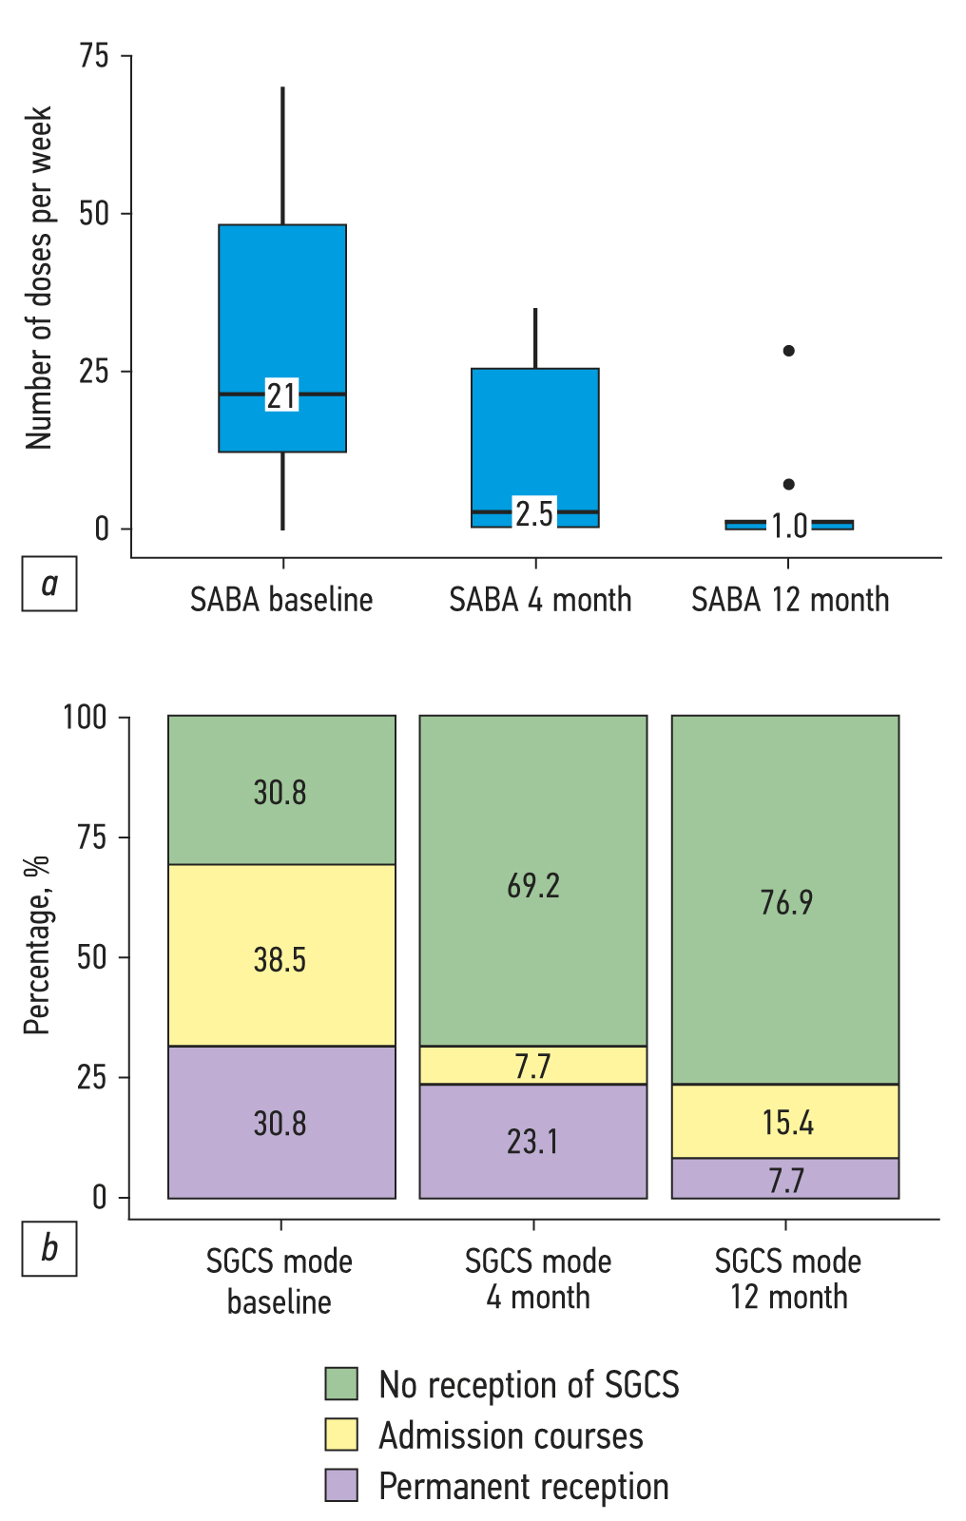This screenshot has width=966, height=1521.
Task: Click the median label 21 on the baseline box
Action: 281,395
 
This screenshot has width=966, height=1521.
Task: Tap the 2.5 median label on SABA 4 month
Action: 534,513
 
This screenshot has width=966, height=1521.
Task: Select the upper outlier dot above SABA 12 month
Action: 788,351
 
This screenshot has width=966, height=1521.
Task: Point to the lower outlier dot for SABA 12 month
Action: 788,485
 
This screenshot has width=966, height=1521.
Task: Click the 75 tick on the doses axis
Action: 94,56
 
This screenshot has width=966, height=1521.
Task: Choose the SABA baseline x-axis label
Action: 281,600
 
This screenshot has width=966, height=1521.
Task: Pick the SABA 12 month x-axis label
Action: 790,600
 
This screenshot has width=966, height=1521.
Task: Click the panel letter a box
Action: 49,583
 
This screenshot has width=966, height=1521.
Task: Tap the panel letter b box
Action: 49,1247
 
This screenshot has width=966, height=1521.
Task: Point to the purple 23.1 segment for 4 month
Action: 533,1141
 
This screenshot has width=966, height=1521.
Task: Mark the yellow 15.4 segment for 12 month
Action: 786,1122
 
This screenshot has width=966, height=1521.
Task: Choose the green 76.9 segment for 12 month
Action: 786,900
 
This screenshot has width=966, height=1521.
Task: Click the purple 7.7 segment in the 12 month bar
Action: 786,1180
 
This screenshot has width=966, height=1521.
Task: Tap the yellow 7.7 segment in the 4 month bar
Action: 533,1066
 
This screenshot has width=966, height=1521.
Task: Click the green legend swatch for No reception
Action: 341,1384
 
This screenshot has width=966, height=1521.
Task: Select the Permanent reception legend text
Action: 523,1486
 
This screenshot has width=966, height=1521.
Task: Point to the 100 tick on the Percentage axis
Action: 85,717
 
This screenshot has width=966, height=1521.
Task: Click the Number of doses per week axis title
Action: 39,278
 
